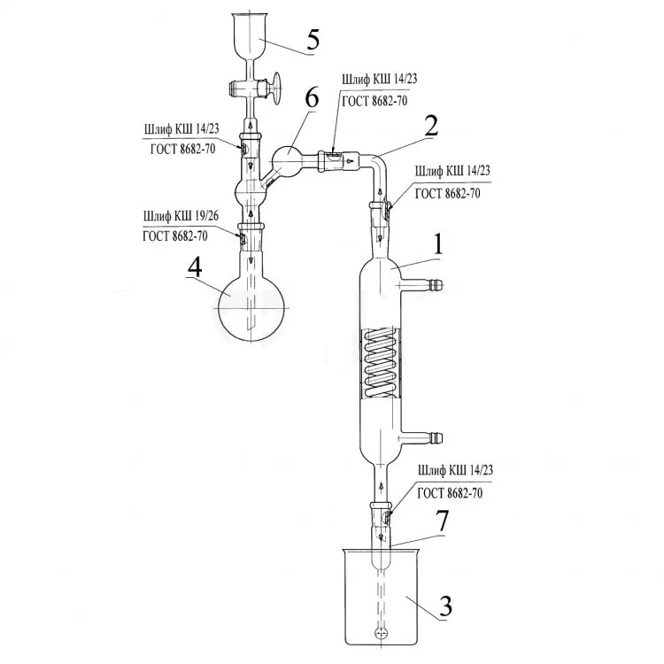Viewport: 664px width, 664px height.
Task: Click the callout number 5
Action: [x=313, y=39]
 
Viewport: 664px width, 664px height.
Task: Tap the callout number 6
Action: [x=312, y=98]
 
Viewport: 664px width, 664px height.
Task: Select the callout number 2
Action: [x=431, y=127]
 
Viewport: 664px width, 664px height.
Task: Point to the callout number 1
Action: [x=437, y=244]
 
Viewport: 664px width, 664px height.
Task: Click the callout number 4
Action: [x=195, y=268]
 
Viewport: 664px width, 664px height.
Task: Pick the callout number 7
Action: [x=443, y=521]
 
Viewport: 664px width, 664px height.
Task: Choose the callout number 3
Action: [x=445, y=606]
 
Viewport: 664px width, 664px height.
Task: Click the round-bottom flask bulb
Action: [x=251, y=308]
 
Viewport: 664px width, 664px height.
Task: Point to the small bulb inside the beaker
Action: [x=381, y=634]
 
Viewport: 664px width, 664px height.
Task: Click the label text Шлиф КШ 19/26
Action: [x=181, y=216]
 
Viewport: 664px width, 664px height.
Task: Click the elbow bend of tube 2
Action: [x=377, y=163]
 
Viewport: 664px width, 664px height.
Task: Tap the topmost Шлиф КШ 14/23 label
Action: [x=380, y=79]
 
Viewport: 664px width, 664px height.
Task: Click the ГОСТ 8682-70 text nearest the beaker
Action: [x=450, y=493]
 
